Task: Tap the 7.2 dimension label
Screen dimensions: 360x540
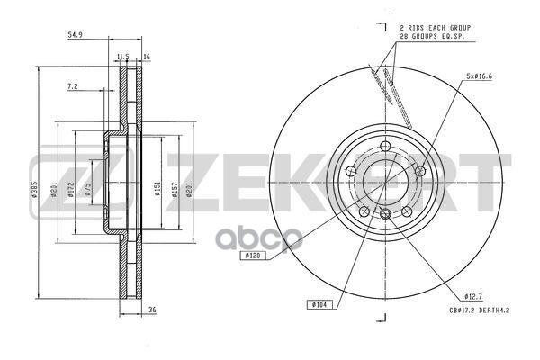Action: [x=73, y=87]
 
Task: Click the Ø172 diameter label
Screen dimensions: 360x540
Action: [x=72, y=197]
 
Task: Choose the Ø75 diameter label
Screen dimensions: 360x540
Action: [x=88, y=189]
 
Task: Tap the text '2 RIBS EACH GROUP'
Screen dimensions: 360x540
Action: [x=435, y=30]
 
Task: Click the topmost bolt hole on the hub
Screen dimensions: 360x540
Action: [x=385, y=146]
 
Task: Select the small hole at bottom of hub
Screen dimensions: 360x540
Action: [x=385, y=214]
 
